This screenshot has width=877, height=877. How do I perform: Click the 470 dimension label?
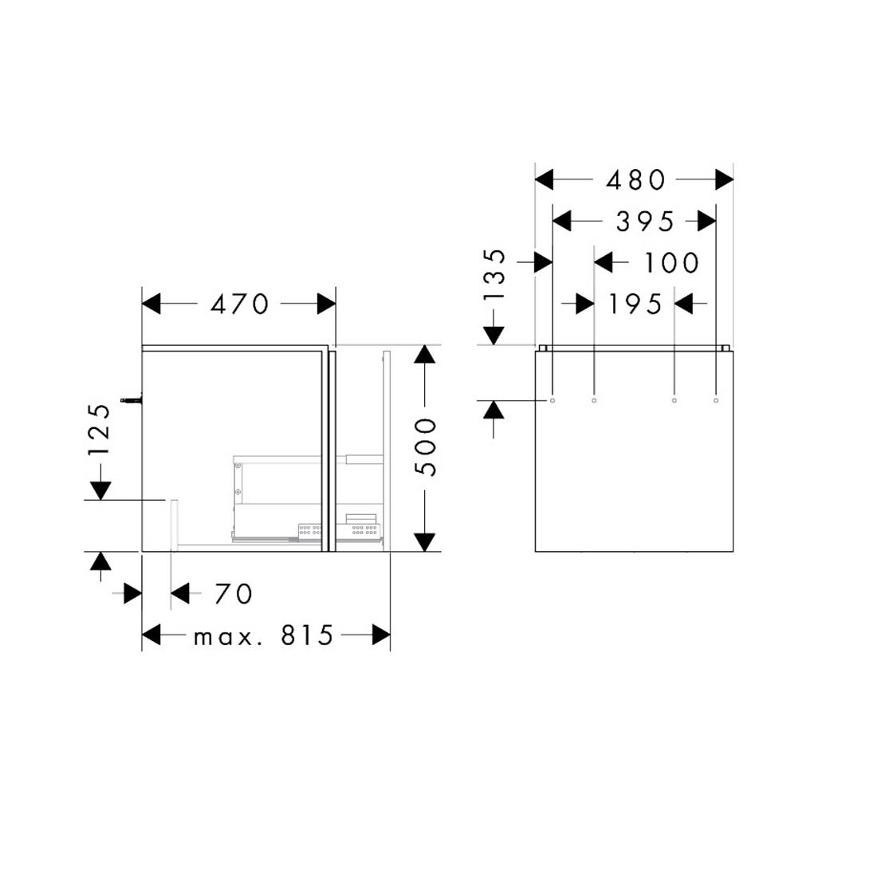click(239, 305)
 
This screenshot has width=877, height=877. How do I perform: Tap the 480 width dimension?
click(636, 180)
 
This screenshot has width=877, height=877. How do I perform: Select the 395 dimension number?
click(645, 222)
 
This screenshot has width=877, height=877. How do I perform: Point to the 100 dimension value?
click(672, 262)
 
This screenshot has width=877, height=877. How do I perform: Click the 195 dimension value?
click(635, 305)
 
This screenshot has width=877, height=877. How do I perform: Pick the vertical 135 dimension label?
click(494, 274)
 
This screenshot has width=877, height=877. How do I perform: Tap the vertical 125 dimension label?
click(100, 429)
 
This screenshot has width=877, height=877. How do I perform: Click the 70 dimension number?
click(234, 593)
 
